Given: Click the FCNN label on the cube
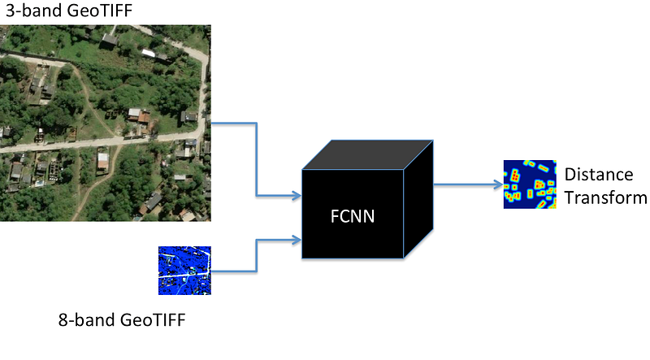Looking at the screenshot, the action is coord(353,216).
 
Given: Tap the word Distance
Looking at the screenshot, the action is coord(599,175).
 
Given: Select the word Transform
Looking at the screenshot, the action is coord(605,197).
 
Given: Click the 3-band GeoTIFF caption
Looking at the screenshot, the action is coord(69,11).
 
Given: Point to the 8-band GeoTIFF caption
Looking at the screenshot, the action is coord(122,319).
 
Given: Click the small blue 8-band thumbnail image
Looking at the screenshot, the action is coord(184,271).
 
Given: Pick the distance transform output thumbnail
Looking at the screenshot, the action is coord(530,184).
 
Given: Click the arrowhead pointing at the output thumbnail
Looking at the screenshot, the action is coord(499,184).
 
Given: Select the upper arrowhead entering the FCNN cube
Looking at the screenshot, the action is coord(297,195).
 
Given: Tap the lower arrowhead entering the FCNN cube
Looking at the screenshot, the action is coord(297,240).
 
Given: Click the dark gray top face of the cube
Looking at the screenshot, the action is coord(368,154).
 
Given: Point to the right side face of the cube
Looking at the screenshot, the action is coord(418,199).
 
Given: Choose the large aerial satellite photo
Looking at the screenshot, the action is coord(106,123).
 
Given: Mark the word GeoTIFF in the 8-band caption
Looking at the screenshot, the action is coord(153,319).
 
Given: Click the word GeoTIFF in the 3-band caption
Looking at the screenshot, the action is coord(100,11).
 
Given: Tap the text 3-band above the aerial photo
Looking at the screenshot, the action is coord(34,11).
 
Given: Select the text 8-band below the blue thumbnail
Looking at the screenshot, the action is coord(87,319).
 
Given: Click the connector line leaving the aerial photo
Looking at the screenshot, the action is coord(257,159).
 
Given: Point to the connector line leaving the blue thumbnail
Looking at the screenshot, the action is coord(257,256).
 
